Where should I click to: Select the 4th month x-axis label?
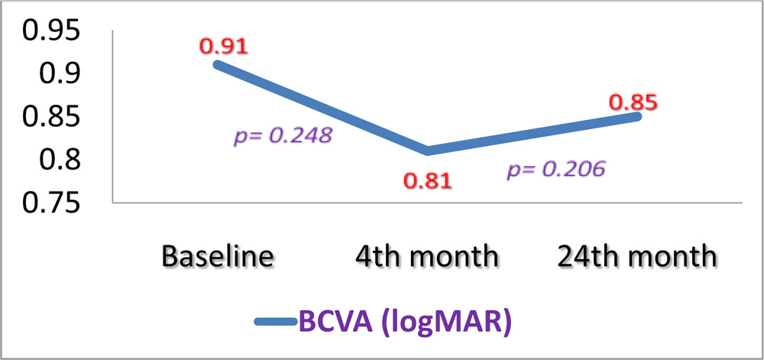[426, 256]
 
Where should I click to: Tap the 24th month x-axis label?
[637, 256]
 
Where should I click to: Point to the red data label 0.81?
[427, 181]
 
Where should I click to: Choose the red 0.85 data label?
[633, 102]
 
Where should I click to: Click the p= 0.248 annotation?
[283, 136]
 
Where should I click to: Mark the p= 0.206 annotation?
[557, 169]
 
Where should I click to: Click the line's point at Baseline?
[217, 64]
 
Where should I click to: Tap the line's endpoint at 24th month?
[636, 115]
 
